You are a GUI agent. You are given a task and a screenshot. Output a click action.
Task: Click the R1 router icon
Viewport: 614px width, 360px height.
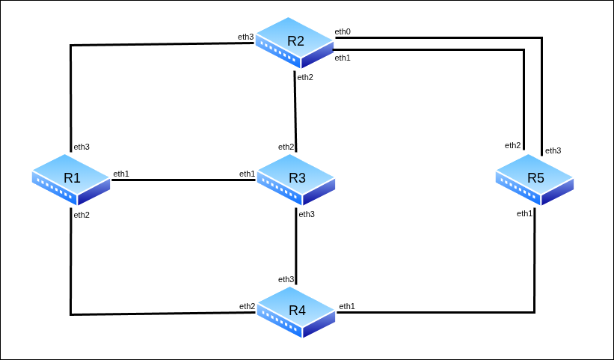pos(71,179)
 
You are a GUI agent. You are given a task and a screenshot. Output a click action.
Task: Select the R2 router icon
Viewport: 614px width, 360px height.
pos(295,42)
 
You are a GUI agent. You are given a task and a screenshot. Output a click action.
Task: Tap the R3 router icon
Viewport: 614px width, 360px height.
pos(297,179)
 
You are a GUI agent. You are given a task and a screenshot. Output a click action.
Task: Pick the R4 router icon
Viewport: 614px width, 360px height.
pos(297,311)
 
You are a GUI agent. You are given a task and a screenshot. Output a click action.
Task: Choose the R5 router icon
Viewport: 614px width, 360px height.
pos(535,179)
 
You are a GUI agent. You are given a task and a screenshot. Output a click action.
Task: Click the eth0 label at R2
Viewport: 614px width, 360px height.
pos(343,31)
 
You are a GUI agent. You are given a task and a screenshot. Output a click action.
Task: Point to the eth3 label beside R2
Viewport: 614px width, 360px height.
pos(246,37)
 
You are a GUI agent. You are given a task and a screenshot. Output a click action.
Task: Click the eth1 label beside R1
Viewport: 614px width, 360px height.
pos(121,174)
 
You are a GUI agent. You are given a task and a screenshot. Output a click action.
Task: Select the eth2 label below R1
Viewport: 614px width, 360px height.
pos(82,215)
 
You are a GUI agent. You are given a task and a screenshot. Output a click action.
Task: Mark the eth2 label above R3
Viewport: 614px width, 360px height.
pos(286,146)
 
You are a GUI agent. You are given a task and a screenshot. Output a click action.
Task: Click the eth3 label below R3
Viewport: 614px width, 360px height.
pos(307,214)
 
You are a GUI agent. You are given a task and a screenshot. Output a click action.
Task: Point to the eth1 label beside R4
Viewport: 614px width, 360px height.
pos(347,306)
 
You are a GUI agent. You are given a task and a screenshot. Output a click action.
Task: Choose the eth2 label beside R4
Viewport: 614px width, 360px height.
pos(248,306)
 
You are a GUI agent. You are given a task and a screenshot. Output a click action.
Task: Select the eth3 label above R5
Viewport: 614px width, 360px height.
pos(553,150)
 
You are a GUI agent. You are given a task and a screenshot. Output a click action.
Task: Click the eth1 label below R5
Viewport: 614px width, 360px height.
pos(525,213)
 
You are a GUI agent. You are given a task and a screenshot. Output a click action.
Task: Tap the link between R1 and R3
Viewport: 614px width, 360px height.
pos(183,180)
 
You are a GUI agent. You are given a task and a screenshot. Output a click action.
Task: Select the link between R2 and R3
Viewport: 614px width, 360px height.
pos(295,112)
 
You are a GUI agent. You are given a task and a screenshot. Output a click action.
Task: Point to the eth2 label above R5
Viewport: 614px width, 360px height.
pos(512,145)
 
